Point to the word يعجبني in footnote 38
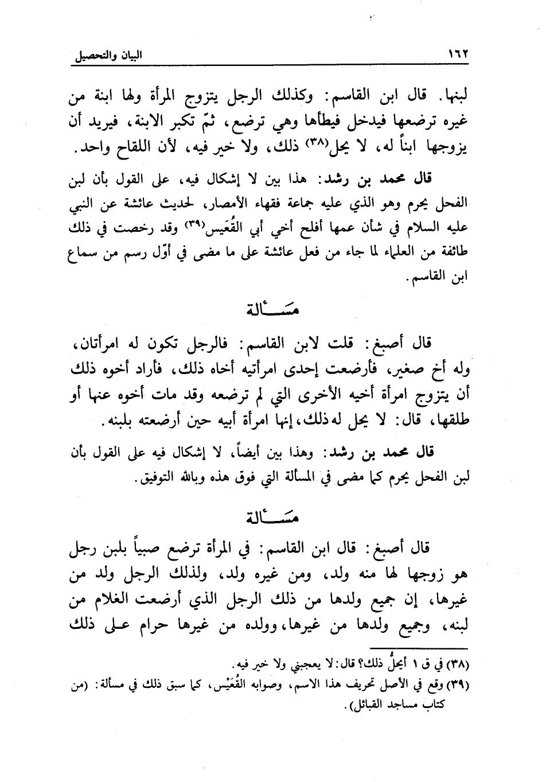pos(287,664)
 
